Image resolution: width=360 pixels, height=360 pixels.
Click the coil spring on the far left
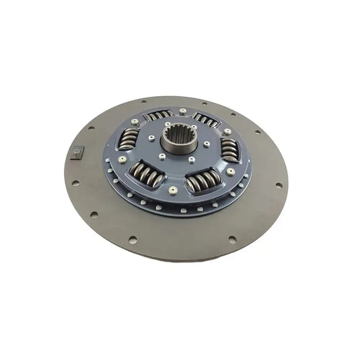click(128, 139)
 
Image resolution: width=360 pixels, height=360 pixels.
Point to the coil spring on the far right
click(229, 149)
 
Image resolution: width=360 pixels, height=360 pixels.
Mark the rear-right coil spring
click(207, 120)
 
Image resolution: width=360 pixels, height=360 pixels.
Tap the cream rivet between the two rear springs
click(183, 110)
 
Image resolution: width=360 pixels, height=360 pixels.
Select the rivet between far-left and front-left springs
click(122, 159)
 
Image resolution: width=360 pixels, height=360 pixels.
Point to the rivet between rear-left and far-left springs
click(135, 122)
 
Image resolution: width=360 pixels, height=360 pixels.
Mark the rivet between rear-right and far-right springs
click(227, 131)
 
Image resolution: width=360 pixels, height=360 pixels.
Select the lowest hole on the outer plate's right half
click(232, 238)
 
